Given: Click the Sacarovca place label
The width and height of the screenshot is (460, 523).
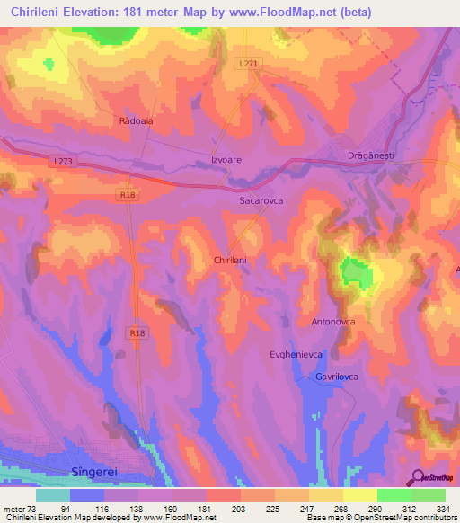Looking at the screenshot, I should pos(261,201).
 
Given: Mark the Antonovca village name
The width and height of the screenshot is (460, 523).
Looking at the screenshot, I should pos(333,321).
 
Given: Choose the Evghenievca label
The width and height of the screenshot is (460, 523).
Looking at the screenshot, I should pos(296,355).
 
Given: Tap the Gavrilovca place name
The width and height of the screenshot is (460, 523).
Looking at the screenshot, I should pos(337,377).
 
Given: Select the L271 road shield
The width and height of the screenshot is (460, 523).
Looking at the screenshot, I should pos(251,63).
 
